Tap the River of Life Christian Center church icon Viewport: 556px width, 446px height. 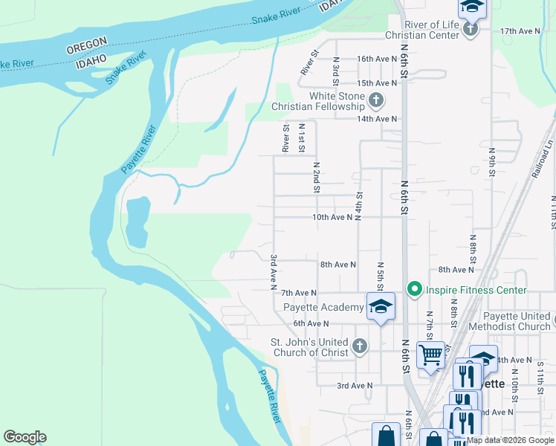470,30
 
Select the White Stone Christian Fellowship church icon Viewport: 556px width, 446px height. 376,100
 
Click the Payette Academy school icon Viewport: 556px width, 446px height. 381,306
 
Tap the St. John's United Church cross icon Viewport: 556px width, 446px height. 360,346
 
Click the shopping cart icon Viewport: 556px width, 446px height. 430,354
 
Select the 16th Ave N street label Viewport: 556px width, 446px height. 377,59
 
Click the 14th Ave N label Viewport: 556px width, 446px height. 377,119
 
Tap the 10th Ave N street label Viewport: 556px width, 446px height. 331,218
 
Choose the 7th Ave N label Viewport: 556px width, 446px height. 299,294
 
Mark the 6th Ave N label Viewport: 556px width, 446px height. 311,323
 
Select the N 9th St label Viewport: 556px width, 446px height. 492,161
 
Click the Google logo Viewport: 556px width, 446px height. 25,437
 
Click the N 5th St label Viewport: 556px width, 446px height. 380,274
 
